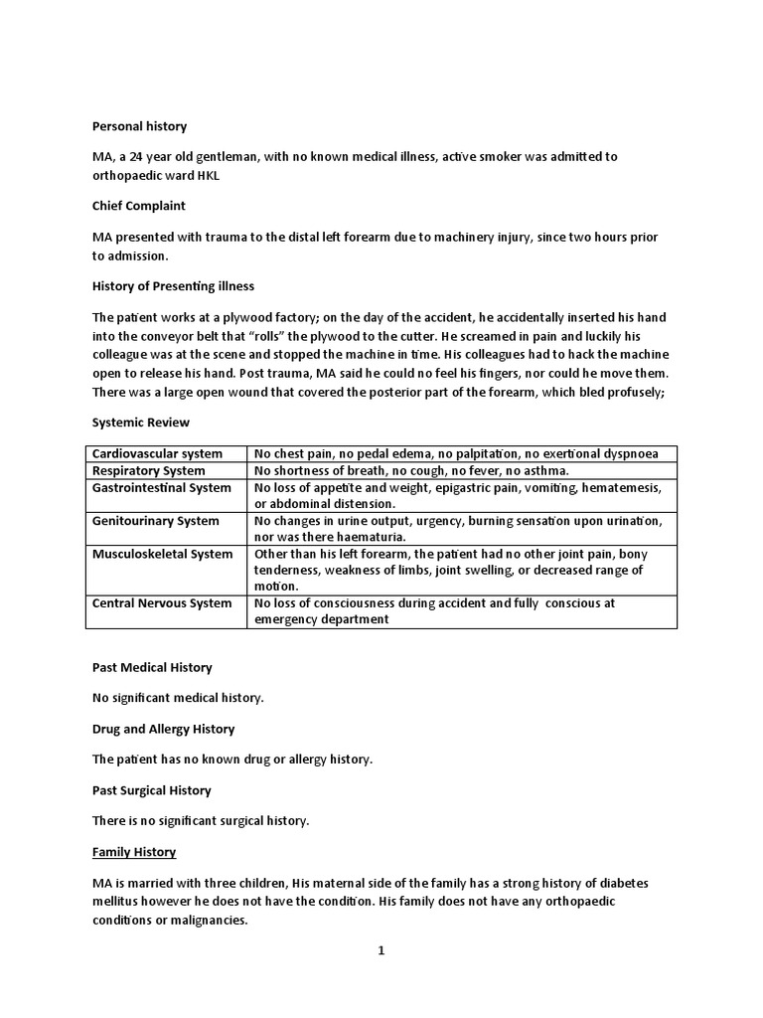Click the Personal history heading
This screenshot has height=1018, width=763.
pos(139,126)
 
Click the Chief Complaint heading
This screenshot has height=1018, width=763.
pos(139,206)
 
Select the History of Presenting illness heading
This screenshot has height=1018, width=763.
pos(173,286)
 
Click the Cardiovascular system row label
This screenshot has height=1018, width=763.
pos(157,453)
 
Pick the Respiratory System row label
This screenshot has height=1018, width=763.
pos(149,470)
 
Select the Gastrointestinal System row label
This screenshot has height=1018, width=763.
pos(161,487)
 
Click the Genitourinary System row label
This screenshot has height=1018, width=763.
pos(155,520)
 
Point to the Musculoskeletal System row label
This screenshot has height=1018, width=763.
pos(162,554)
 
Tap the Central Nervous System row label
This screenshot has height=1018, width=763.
pos(161,603)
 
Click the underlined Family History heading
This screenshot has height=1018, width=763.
pos(134,852)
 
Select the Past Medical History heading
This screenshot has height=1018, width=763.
pos(152,667)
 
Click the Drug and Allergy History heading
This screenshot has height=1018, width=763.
pos(163,729)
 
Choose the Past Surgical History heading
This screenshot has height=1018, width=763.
pos(151,790)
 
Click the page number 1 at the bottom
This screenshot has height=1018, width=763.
pos(381,950)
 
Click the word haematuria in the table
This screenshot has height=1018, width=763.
pos(365,537)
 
